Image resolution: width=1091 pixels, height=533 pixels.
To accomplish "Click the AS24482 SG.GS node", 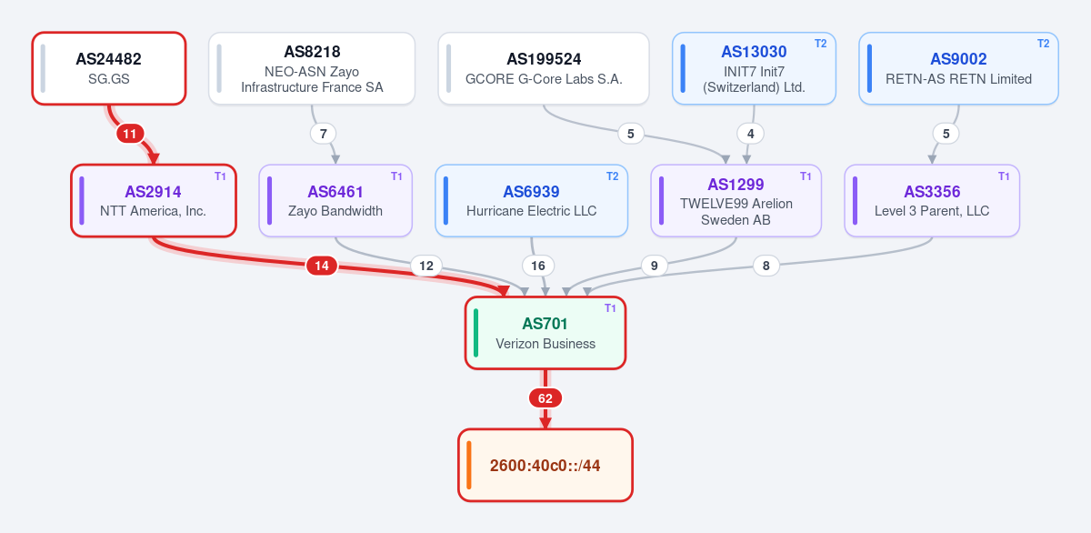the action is [109, 68].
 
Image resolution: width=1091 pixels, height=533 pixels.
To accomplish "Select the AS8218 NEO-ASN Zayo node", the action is [312, 68].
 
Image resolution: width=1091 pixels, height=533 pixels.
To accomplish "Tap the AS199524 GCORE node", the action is [544, 68].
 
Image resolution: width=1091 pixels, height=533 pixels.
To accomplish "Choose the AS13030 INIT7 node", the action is [754, 68].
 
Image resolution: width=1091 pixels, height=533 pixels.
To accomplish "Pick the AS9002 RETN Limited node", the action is [958, 68].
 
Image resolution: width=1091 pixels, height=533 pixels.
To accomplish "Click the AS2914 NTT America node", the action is [154, 201].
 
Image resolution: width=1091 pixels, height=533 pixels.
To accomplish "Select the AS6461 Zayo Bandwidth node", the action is [335, 201].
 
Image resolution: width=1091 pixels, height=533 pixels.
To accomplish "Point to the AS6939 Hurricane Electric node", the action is [531, 201].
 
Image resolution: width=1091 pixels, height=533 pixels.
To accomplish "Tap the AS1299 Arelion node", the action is [736, 201].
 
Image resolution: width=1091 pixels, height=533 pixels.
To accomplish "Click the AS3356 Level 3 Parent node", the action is [932, 201].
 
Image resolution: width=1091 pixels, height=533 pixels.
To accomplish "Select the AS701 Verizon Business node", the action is [545, 333].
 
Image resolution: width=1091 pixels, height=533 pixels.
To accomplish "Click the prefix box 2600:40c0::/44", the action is [545, 466].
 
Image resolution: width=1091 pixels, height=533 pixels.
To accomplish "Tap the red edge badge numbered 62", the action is [545, 398].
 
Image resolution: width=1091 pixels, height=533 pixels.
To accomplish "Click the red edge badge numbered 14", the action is [322, 266].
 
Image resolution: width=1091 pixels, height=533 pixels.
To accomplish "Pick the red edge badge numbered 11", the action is [129, 134].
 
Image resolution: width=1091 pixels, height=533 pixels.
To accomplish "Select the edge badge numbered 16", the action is [537, 266].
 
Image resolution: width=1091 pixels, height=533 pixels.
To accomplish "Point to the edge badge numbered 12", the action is [426, 266].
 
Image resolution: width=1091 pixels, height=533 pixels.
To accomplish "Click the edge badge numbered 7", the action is [323, 134].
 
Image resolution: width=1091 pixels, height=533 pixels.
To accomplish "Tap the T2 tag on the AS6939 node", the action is [612, 176].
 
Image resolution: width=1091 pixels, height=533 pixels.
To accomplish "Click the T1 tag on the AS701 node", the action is [610, 308].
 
